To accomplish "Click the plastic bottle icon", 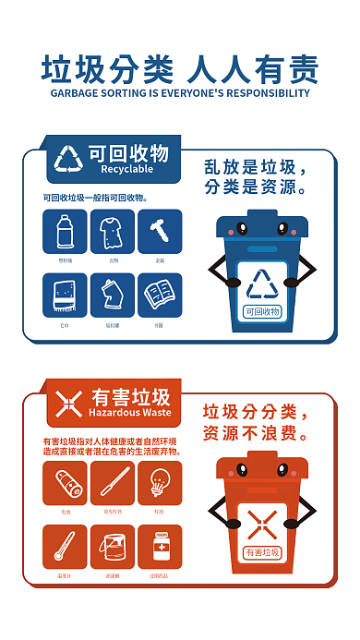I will (65, 231).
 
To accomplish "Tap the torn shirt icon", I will (113, 231).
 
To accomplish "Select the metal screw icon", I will (160, 231).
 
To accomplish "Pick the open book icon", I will (160, 296).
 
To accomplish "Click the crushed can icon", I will (113, 296).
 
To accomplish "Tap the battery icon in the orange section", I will (65, 483).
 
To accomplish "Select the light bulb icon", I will (160, 483).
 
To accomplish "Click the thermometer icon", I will (65, 547).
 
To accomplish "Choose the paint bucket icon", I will (113, 547).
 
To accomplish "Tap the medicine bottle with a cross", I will (160, 547).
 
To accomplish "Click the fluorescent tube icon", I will (113, 483).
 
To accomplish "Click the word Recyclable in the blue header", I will (126, 170).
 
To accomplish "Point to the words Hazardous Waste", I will (129, 413).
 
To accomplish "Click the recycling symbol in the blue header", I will (69, 159).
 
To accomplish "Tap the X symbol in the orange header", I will (69, 402).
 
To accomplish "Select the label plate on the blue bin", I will (262, 311).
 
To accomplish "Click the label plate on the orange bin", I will (262, 552).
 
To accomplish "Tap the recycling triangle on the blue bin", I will (262, 284).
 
